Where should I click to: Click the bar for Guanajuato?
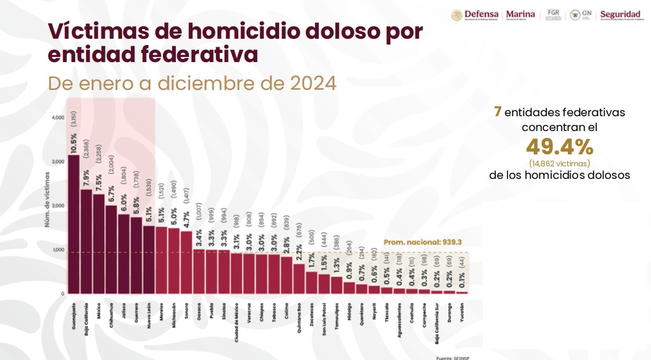(x=73, y=224)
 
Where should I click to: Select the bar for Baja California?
(x=86, y=242)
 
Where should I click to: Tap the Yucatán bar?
(x=462, y=292)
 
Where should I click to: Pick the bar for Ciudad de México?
(x=236, y=273)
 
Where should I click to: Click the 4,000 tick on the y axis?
(x=58, y=117)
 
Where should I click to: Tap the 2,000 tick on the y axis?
(x=58, y=206)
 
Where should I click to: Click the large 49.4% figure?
(x=559, y=148)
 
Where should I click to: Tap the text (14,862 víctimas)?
(x=559, y=163)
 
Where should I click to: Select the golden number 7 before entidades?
(x=497, y=112)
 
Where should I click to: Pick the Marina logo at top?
(x=521, y=15)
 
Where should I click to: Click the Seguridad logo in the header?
(x=620, y=15)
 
